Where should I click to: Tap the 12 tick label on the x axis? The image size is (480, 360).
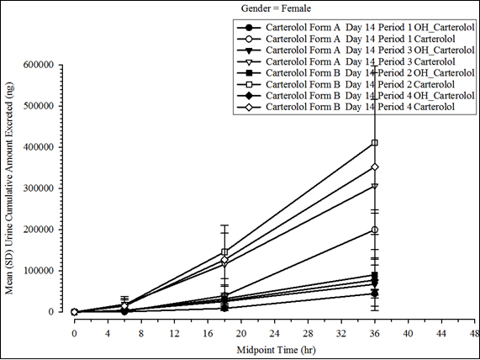point(174,329)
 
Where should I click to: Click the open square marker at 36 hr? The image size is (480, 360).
point(374,143)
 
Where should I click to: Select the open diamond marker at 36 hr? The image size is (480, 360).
point(374,167)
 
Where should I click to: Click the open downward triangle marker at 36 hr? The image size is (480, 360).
point(374,186)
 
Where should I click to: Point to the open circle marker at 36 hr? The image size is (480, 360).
point(374,230)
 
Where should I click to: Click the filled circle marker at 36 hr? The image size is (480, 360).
point(374,294)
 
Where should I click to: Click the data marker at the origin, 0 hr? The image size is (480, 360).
point(74,312)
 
